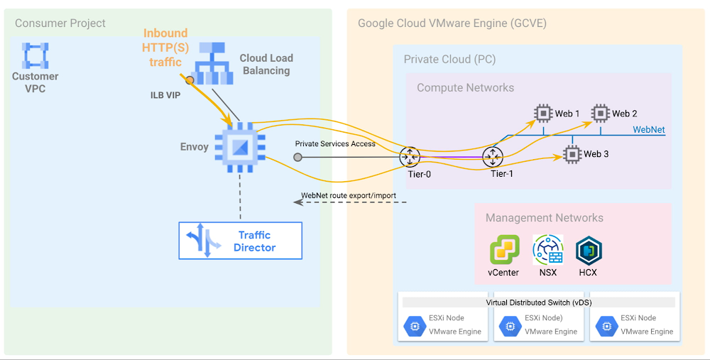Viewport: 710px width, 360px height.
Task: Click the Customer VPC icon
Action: click(35, 55)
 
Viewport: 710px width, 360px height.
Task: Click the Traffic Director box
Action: click(240, 241)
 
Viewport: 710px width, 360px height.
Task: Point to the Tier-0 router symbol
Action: click(410, 157)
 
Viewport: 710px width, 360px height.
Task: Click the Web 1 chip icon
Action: click(543, 113)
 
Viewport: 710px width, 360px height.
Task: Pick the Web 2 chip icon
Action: click(601, 113)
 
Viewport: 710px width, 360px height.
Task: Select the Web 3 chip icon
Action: click(572, 153)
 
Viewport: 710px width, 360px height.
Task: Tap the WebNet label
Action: click(649, 130)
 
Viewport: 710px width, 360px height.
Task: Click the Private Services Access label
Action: click(335, 143)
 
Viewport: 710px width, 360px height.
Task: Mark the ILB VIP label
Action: click(165, 95)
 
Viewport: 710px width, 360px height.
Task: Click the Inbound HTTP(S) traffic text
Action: click(165, 47)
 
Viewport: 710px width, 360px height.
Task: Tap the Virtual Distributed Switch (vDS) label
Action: click(538, 302)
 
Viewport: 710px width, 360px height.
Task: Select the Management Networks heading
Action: click(544, 218)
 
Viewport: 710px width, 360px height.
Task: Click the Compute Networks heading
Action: click(465, 88)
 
